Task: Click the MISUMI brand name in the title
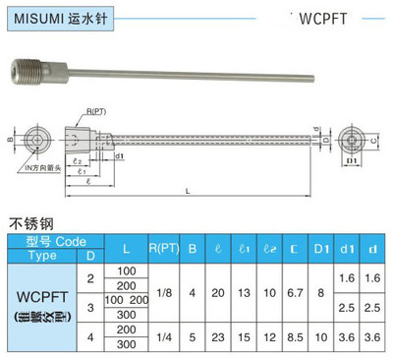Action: pos(36,17)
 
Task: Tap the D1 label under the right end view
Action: pos(351,161)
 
